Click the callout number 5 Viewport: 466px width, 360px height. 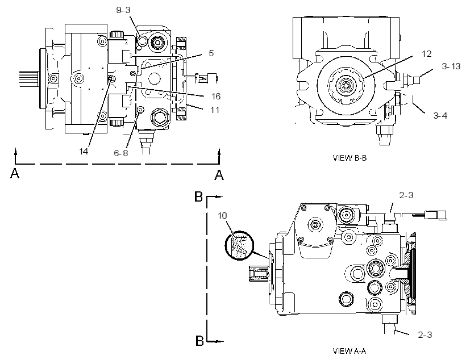coord(211,53)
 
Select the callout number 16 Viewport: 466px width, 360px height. coord(216,96)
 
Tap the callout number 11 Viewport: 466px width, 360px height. coord(215,110)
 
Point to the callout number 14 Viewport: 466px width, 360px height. coord(84,151)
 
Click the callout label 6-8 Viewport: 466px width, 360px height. coord(121,153)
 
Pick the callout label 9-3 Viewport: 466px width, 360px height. coord(123,10)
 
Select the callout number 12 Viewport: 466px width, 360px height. coord(426,54)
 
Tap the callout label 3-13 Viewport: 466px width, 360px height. coord(451,66)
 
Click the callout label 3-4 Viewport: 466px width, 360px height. coord(440,115)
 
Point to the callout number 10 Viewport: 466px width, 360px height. coord(222,215)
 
